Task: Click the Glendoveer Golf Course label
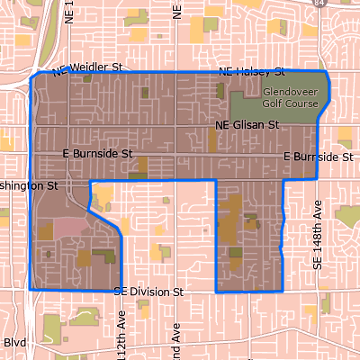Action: (291, 96)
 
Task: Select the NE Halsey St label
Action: (252, 71)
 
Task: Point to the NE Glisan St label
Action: (247, 125)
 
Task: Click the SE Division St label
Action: (149, 292)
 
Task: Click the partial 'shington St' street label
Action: (29, 185)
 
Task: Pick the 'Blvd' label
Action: (15, 342)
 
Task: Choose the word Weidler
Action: (94, 68)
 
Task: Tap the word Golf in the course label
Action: (274, 102)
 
